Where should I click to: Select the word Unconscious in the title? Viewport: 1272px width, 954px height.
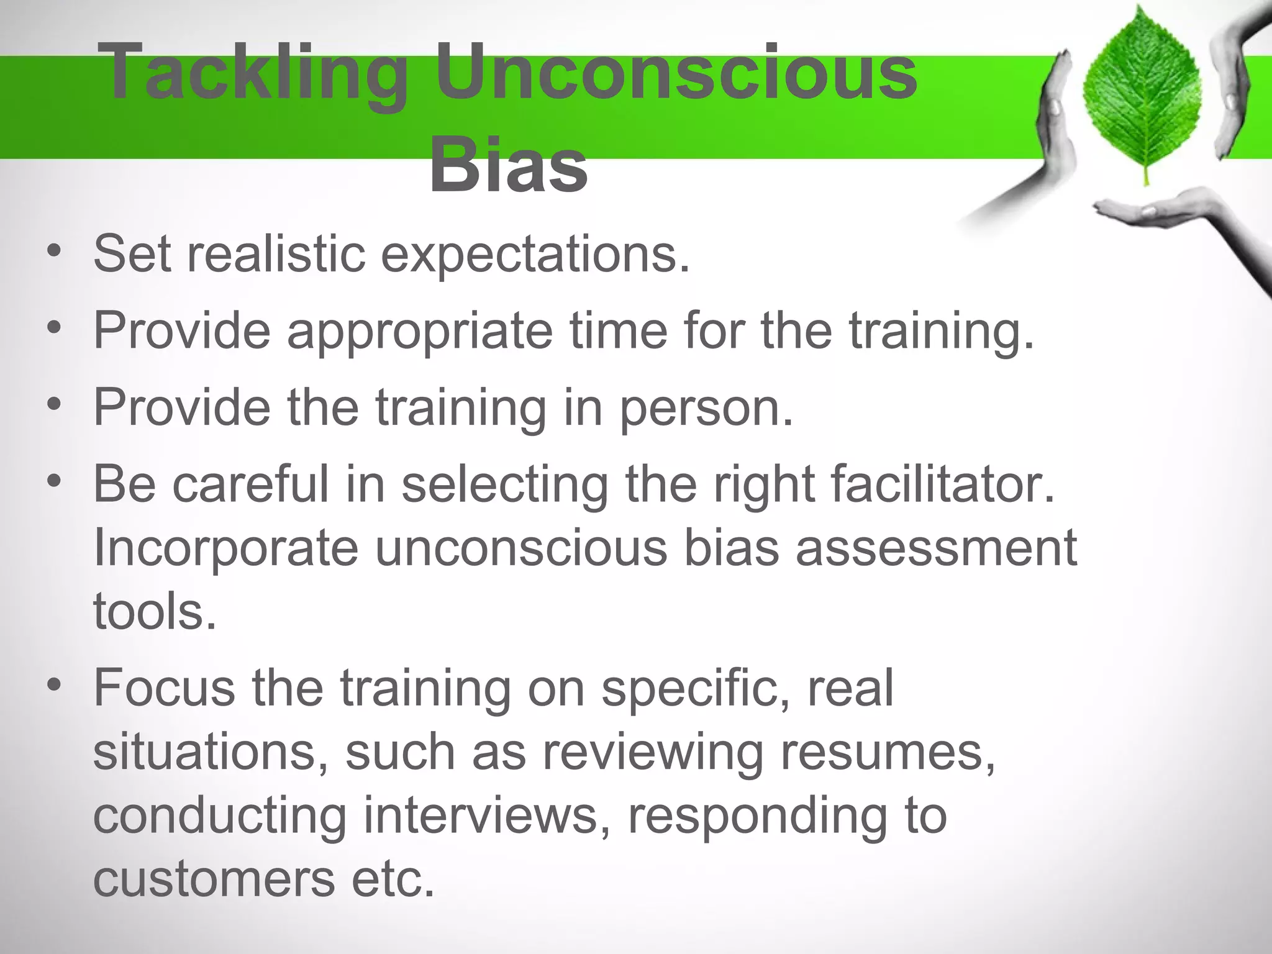[676, 73]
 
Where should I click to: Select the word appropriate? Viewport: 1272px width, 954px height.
[420, 332]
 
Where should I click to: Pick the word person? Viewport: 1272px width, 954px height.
[707, 409]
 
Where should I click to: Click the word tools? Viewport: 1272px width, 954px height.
[155, 612]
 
